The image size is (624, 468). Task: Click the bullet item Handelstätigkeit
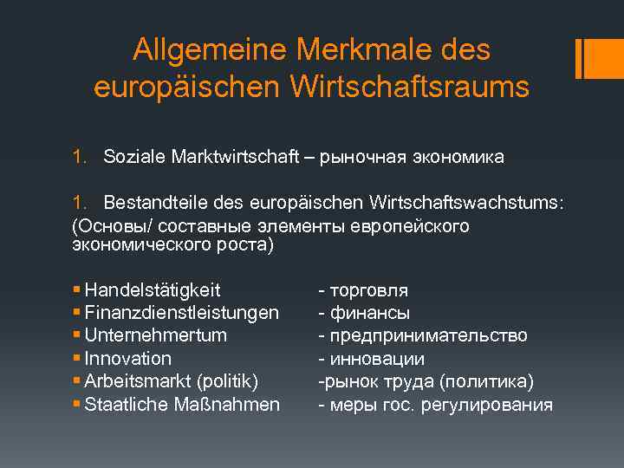(153, 289)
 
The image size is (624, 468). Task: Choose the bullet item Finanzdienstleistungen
(182, 312)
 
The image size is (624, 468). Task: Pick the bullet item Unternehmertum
(156, 335)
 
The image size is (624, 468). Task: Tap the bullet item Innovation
(128, 359)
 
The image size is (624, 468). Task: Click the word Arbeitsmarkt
(140, 381)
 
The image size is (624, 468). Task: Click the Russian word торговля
(367, 290)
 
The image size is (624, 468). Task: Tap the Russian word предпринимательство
(428, 335)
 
